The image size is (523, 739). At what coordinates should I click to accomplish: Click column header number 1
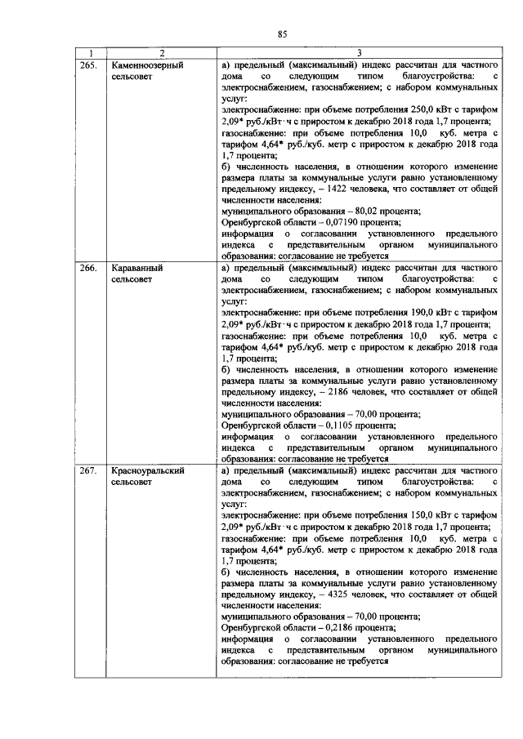(91, 53)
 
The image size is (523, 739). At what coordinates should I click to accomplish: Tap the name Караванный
(135, 267)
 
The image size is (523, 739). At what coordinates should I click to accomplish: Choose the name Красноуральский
(147, 471)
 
